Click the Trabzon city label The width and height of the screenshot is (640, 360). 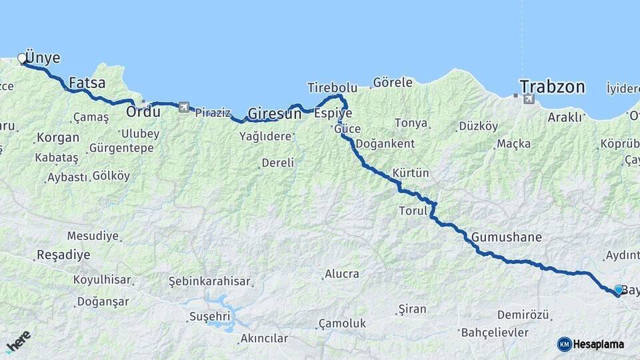[x=552, y=87]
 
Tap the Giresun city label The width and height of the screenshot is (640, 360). [x=275, y=113]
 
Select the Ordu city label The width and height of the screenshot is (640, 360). [x=143, y=112]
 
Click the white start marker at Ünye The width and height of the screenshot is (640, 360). [x=22, y=59]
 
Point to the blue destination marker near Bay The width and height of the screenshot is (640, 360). [x=619, y=290]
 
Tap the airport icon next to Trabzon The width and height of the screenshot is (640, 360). [x=529, y=99]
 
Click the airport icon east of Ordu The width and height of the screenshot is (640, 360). [x=183, y=107]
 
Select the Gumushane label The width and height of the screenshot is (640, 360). [x=506, y=237]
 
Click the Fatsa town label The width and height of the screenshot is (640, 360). [x=87, y=84]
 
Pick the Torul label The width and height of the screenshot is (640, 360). [x=412, y=211]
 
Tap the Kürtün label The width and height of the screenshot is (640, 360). [x=411, y=173]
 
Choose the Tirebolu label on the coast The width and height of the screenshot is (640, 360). [x=332, y=87]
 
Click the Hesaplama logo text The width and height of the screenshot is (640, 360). [x=599, y=344]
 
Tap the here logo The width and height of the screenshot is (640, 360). [x=18, y=341]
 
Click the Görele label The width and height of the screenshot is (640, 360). [x=393, y=83]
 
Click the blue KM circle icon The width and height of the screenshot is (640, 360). [x=565, y=344]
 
